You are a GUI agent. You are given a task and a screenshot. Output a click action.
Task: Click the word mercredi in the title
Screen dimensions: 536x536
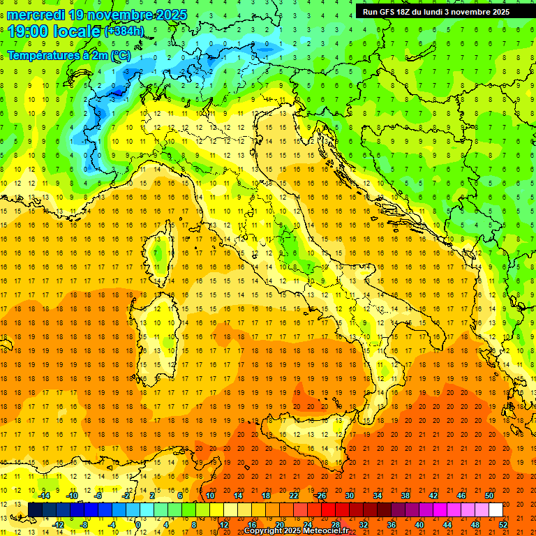tap(36, 15)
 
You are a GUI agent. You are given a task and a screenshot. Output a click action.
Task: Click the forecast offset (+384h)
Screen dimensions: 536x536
tap(124, 31)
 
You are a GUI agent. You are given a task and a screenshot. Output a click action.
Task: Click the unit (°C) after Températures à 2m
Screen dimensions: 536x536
tap(120, 54)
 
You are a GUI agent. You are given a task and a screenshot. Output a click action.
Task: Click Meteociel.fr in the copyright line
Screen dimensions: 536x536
tap(326, 531)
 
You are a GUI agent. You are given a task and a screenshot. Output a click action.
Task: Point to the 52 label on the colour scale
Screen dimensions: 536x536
tap(503, 524)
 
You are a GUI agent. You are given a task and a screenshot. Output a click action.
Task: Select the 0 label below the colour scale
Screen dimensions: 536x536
tap(137, 524)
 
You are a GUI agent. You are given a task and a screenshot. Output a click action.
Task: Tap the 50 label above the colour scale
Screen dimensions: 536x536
tap(489, 495)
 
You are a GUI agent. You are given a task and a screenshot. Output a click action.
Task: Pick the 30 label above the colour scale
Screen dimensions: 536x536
tap(349, 495)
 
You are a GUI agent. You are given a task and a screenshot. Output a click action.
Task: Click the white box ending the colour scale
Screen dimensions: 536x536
tap(496, 509)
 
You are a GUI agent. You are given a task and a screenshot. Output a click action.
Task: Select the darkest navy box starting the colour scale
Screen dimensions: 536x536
tap(35, 509)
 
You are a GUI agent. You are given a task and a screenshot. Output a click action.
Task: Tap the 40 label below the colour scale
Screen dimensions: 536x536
tap(419, 524)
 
